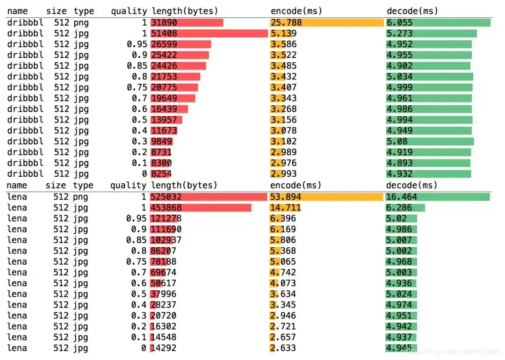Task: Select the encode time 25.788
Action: (x=286, y=22)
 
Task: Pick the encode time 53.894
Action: (x=286, y=197)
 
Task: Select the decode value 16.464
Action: (x=402, y=197)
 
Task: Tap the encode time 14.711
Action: (x=286, y=208)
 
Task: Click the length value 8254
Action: (x=161, y=173)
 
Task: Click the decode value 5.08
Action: (x=397, y=141)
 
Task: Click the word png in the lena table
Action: (x=80, y=197)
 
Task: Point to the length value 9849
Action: (x=161, y=141)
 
